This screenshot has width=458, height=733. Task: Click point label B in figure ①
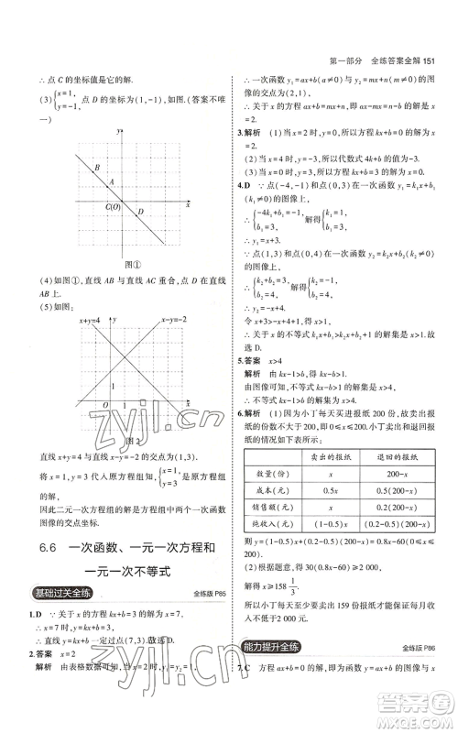click(x=97, y=167)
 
